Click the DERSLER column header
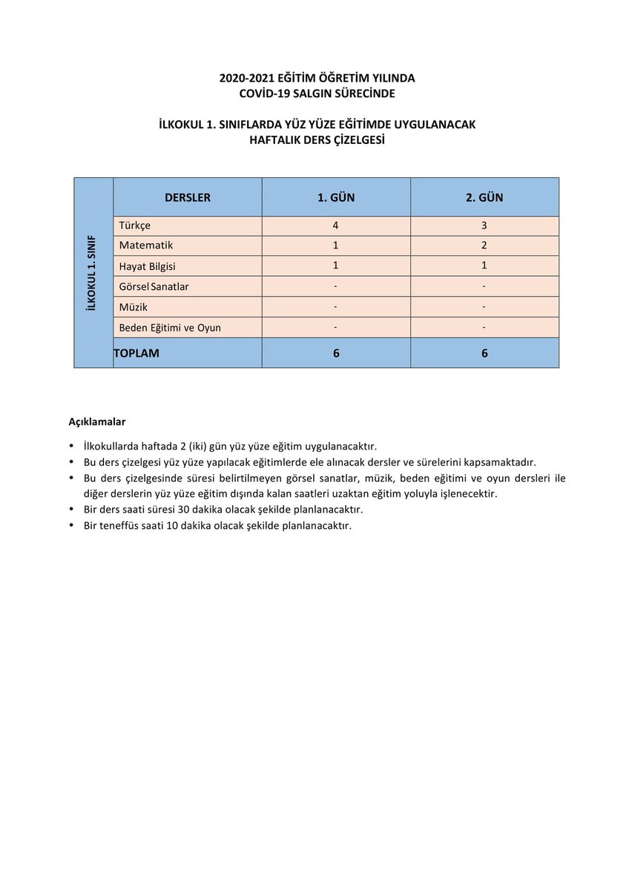click(187, 197)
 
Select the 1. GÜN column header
click(336, 197)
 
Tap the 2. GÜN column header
click(484, 197)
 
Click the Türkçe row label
click(134, 225)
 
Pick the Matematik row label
click(145, 245)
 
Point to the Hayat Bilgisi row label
click(147, 266)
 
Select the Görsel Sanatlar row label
click(154, 286)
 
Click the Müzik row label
click(133, 306)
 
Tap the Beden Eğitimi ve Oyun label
click(170, 327)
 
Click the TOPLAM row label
click(136, 353)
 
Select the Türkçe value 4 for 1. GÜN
click(336, 225)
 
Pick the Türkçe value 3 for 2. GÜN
click(484, 225)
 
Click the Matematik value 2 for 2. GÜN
click(484, 245)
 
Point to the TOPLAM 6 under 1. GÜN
click(336, 353)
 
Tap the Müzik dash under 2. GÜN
click(484, 306)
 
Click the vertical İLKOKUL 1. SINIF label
click(93, 272)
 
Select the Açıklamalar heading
click(97, 422)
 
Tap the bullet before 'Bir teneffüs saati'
click(70, 526)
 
